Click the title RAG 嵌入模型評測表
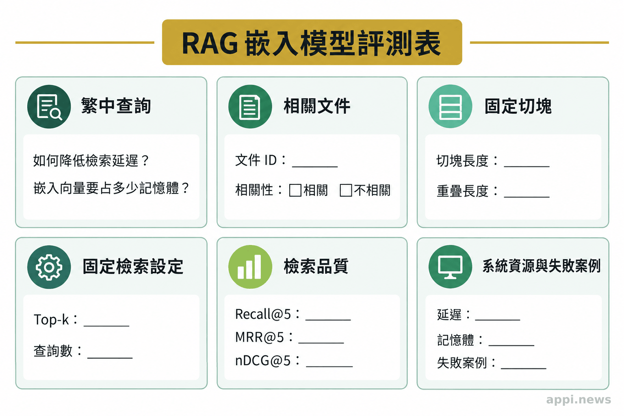[312, 43]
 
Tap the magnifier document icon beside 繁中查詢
[49, 107]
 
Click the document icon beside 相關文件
[250, 107]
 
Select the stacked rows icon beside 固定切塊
[450, 107]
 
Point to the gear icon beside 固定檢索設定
[49, 267]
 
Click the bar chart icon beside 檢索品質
[250, 267]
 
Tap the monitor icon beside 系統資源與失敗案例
[450, 267]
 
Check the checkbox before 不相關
[346, 191]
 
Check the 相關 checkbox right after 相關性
[295, 191]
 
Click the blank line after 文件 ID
[315, 167]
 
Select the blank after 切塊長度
[527, 166]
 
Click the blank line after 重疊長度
[527, 197]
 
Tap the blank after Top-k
[106, 325]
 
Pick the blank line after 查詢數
[110, 357]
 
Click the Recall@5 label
[263, 314]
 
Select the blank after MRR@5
[321, 342]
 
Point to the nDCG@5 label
[263, 361]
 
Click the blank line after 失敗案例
[523, 368]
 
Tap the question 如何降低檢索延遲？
[91, 160]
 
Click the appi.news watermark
[578, 400]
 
